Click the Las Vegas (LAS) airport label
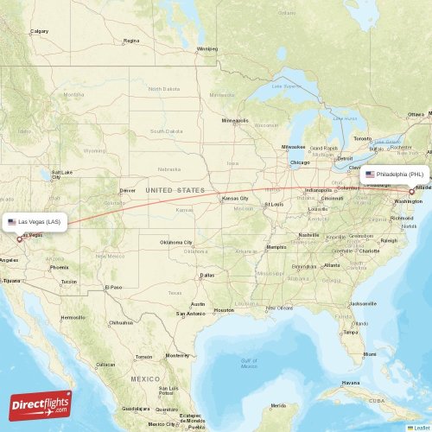pyautogui.click(x=35, y=222)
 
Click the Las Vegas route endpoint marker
pyautogui.click(x=20, y=239)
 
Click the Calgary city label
pyautogui.click(x=40, y=32)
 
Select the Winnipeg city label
pyautogui.click(x=207, y=49)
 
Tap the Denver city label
pyautogui.click(x=128, y=190)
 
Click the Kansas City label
pyautogui.click(x=235, y=199)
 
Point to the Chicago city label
pyautogui.click(x=300, y=162)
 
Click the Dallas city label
pyautogui.click(x=207, y=276)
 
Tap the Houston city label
pyautogui.click(x=224, y=310)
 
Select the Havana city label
pyautogui.click(x=349, y=382)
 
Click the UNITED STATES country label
pyautogui.click(x=175, y=190)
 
